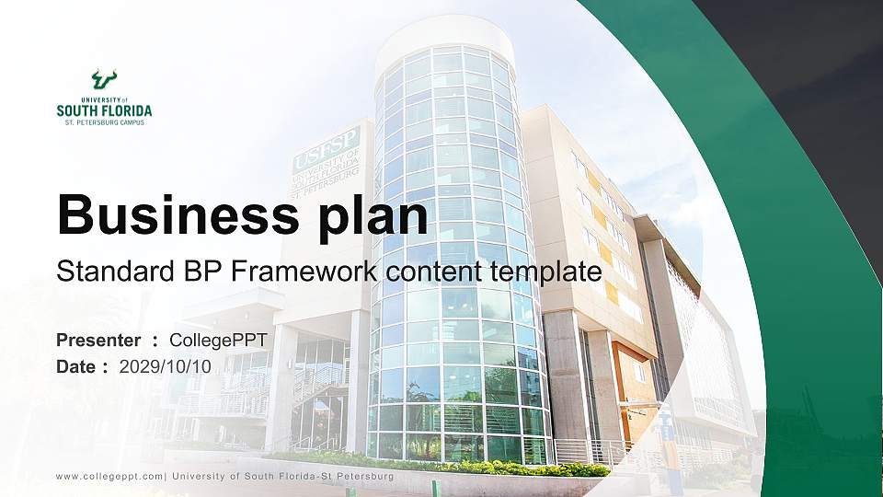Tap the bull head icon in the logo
(104, 79)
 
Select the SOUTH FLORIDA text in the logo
(104, 110)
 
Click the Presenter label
(98, 341)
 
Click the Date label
(77, 366)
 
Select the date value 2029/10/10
(166, 366)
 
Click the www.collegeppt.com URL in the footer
(109, 477)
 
